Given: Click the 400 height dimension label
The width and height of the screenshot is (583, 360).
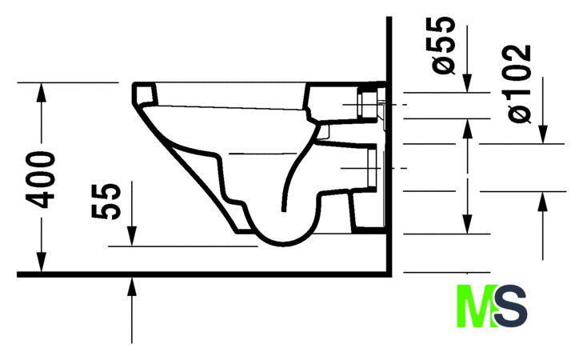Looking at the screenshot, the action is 41,179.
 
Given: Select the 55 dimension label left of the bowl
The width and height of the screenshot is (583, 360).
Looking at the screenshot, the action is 106,201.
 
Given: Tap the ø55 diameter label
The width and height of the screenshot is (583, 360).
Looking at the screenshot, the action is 444,46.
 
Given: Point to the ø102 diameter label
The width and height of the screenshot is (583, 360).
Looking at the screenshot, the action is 519,84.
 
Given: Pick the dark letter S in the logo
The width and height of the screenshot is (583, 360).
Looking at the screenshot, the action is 511,306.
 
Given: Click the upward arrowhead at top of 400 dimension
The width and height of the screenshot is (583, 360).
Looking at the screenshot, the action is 42,91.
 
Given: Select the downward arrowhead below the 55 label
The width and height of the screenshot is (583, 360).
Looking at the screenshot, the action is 132,236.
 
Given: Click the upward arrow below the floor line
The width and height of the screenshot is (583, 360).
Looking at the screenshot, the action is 132,310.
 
